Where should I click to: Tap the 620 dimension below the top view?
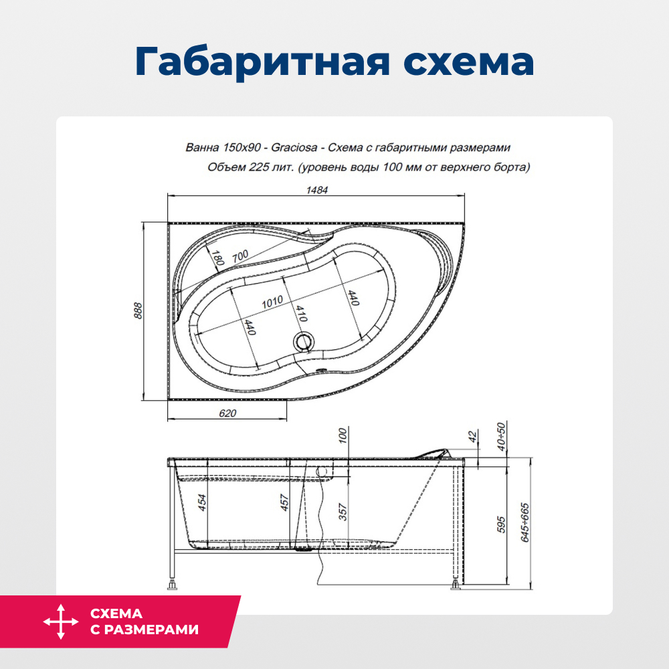click(227, 413)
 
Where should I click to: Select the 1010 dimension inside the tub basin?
click(272, 301)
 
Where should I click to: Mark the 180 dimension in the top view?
click(217, 258)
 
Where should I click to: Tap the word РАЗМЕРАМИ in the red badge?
click(145, 630)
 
